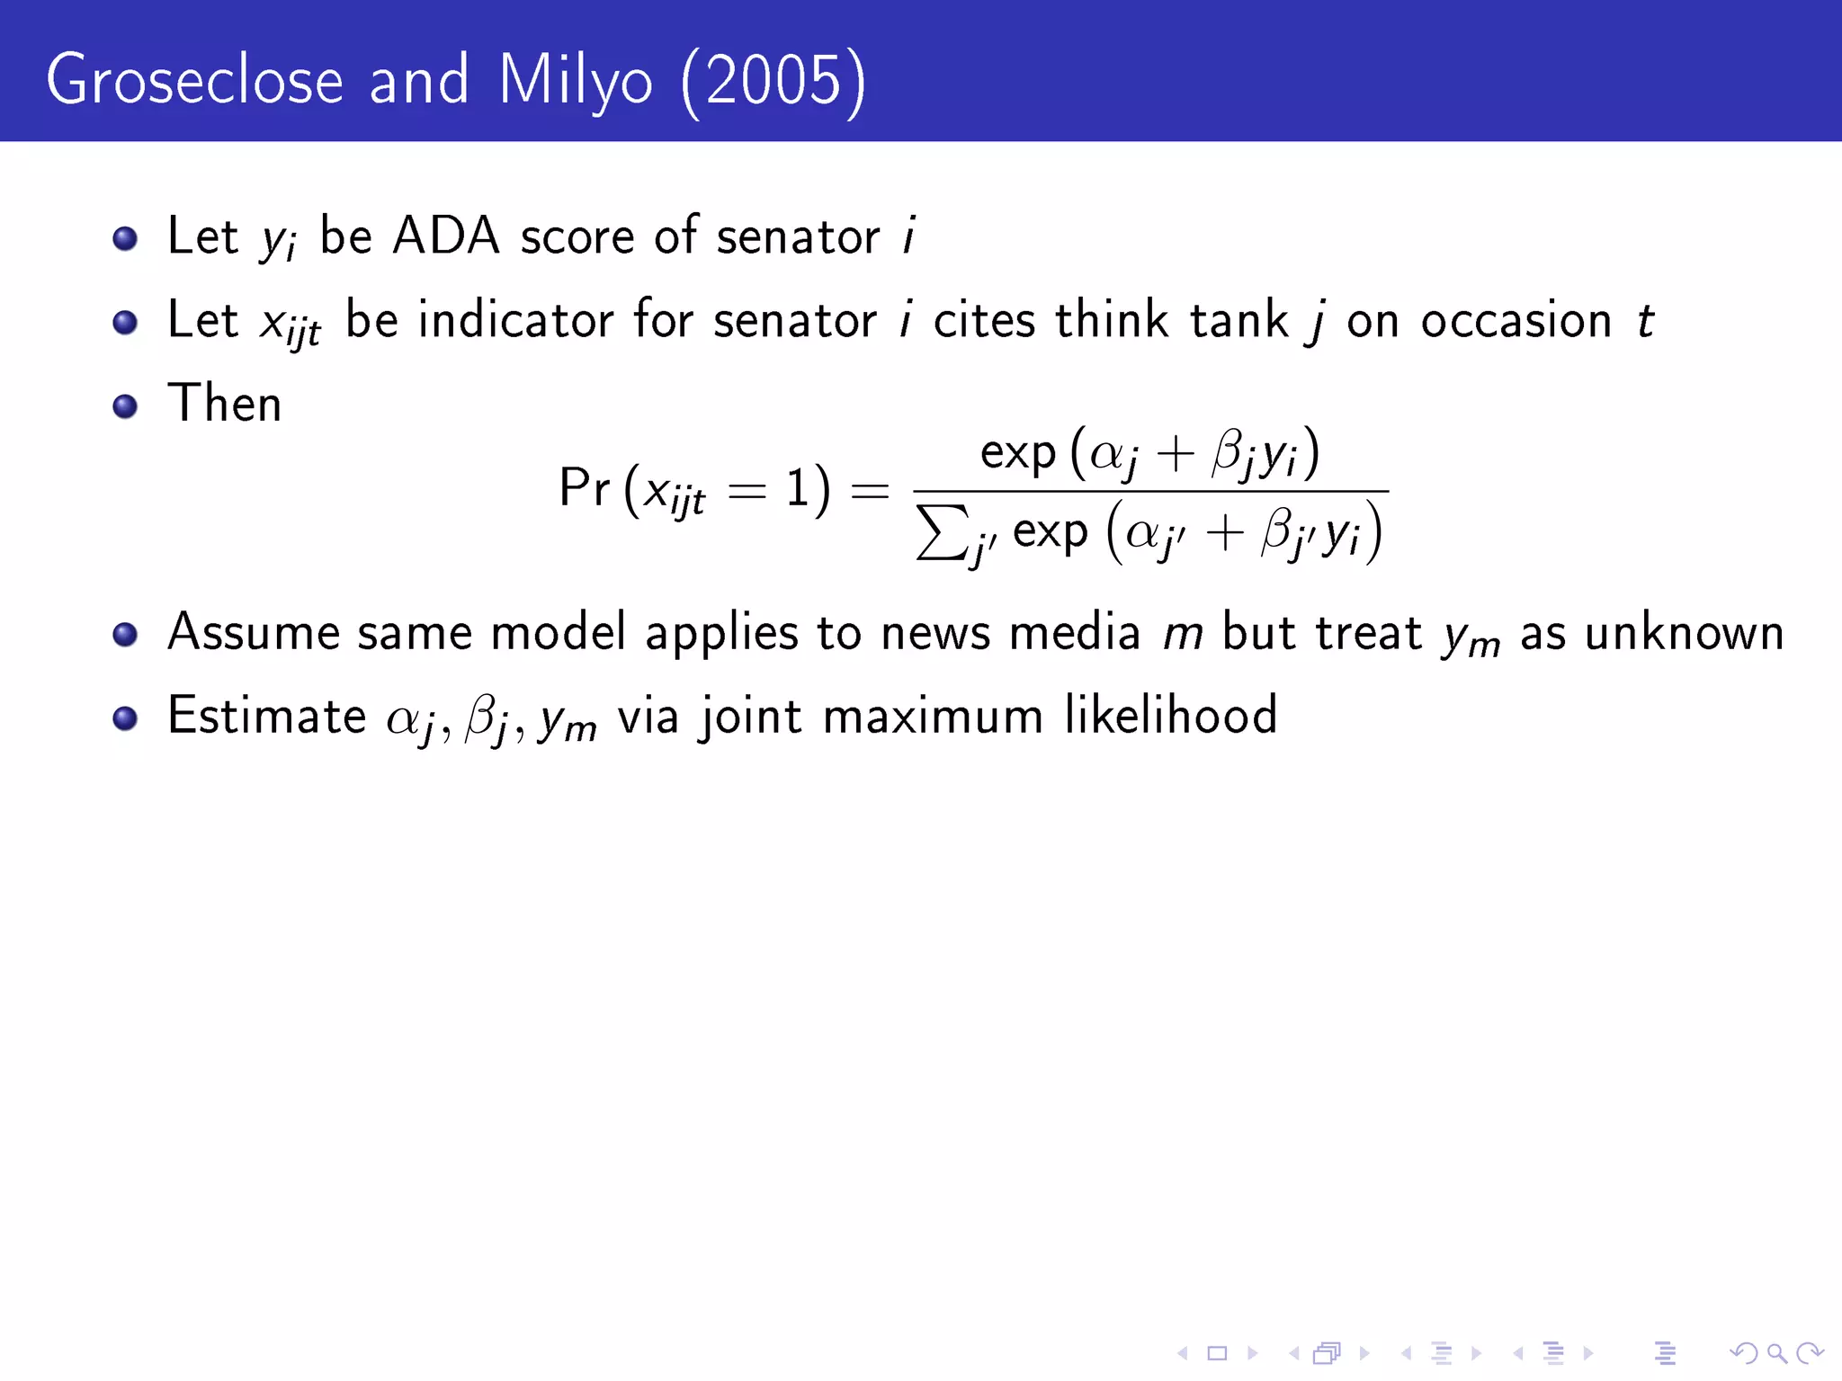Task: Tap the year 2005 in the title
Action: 773,81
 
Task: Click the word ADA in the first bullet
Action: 446,236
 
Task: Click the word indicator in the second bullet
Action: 516,320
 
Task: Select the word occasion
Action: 1516,321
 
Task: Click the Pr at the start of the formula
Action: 584,488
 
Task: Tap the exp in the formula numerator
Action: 1017,454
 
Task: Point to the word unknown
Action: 1684,633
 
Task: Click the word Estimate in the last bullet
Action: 267,716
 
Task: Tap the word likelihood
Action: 1170,716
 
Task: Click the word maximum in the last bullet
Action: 933,717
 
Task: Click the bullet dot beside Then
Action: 125,405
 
